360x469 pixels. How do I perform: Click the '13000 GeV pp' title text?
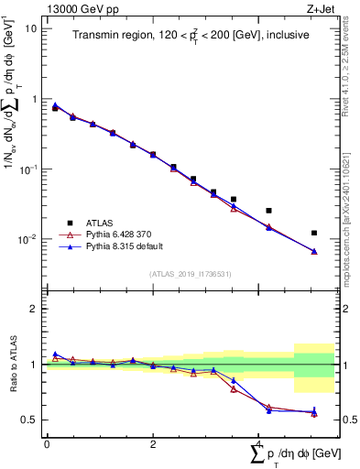click(x=79, y=8)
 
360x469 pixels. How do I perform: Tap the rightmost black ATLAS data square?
click(x=314, y=233)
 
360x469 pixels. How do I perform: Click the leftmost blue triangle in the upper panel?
click(x=55, y=105)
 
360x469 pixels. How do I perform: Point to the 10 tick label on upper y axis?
click(x=31, y=28)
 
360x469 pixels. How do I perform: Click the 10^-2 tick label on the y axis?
click(x=27, y=240)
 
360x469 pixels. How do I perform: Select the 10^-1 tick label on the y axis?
click(x=27, y=169)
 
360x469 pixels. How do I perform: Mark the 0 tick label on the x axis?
click(x=46, y=443)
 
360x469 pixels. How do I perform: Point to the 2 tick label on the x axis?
click(x=153, y=443)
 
